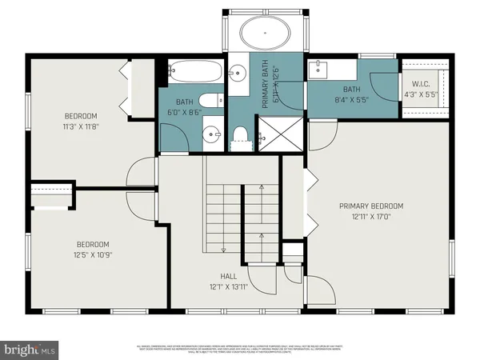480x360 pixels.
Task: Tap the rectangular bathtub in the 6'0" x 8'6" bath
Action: (x=192, y=73)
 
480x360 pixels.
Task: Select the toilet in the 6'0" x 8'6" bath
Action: (x=210, y=101)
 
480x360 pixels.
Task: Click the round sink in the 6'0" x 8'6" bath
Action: (x=210, y=134)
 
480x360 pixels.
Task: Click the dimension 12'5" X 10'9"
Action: (x=93, y=256)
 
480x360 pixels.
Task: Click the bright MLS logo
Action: (x=30, y=349)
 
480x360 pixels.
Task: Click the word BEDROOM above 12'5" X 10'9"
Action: (x=93, y=245)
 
